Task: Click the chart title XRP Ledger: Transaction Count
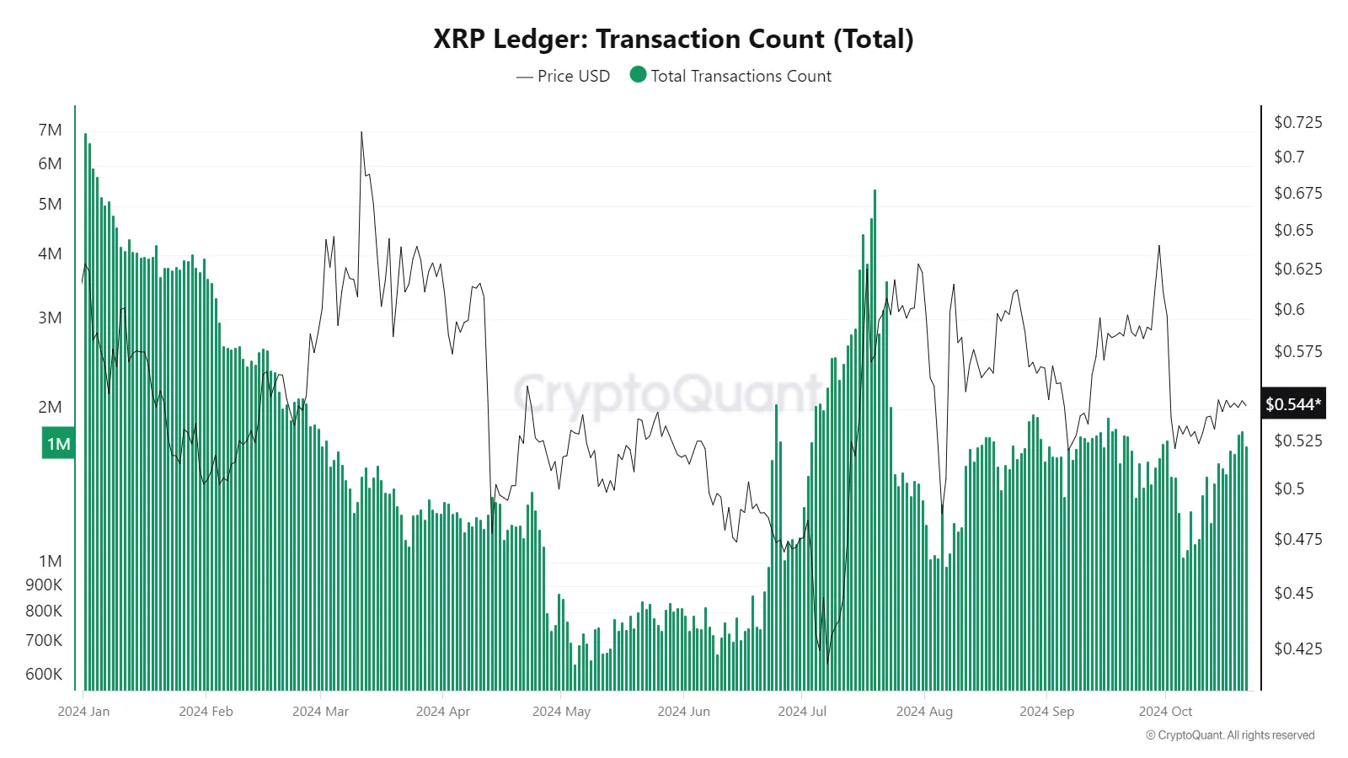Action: [673, 39]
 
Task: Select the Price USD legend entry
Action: [563, 76]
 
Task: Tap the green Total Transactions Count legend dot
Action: [638, 75]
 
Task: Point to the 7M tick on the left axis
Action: [50, 130]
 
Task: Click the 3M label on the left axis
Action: [50, 318]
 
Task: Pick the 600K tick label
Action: [44, 674]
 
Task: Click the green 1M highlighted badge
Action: [58, 444]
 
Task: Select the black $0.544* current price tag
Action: [1293, 404]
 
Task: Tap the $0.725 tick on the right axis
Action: [1297, 122]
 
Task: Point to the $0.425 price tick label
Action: [1297, 649]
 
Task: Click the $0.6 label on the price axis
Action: [1289, 309]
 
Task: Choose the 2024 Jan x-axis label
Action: [83, 711]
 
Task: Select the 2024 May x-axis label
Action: [561, 711]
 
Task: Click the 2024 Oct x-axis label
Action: [1165, 711]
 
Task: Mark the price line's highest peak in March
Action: [361, 133]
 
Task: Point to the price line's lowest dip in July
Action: [828, 663]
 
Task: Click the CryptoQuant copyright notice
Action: [1230, 735]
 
